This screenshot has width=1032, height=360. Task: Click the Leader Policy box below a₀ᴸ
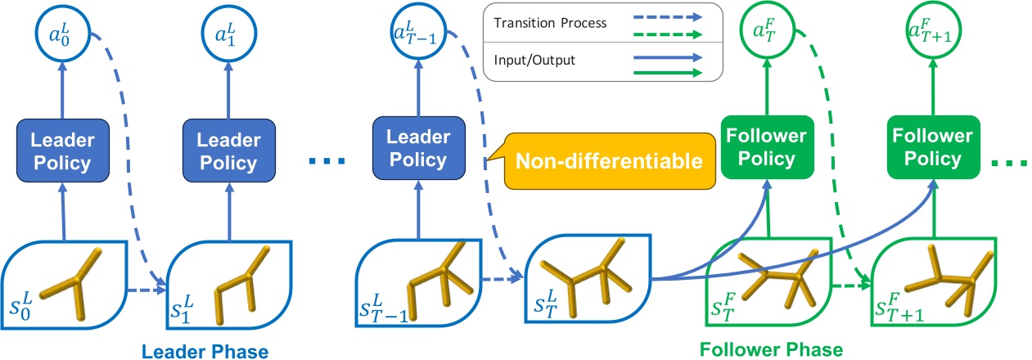pos(61,151)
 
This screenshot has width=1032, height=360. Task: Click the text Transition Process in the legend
pos(550,23)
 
